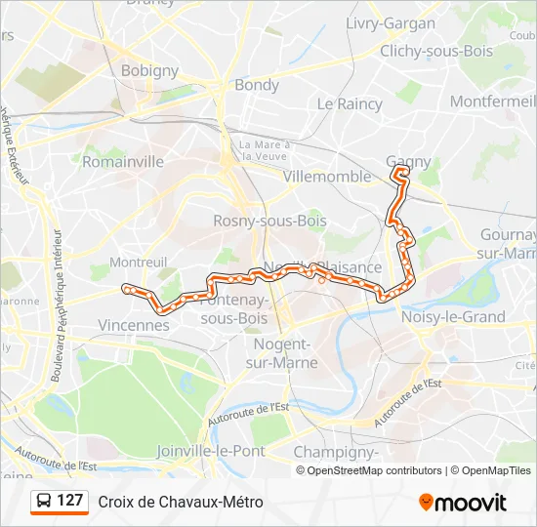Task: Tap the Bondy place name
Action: pyautogui.click(x=256, y=85)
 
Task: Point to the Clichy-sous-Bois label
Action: pyautogui.click(x=436, y=51)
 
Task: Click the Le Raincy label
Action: pyautogui.click(x=349, y=103)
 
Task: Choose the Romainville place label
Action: pyautogui.click(x=123, y=162)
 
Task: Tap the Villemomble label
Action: pyautogui.click(x=326, y=177)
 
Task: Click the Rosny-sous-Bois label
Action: pyautogui.click(x=256, y=222)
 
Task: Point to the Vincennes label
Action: pyautogui.click(x=134, y=324)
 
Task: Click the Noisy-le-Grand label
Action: pyautogui.click(x=453, y=316)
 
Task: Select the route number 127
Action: pyautogui.click(x=69, y=502)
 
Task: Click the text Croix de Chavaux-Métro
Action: pyautogui.click(x=181, y=503)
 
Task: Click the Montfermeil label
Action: pyautogui.click(x=493, y=101)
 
